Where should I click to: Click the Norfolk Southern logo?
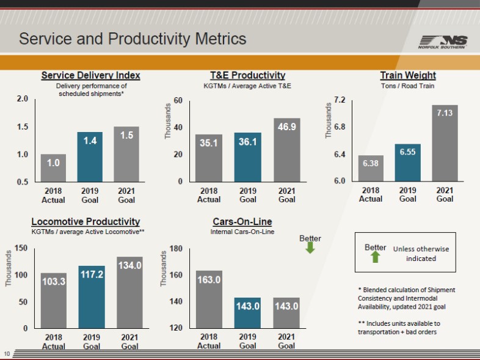coord(443,42)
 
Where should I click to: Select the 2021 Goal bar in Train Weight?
coord(445,143)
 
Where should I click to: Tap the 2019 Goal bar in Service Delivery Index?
coord(90,157)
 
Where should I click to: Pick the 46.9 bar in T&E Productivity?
coord(286,150)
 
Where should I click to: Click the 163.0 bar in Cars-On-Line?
coord(209,299)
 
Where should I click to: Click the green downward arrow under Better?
coord(310,248)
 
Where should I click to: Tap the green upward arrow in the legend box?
coord(376,257)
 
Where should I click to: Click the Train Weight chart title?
coord(407,75)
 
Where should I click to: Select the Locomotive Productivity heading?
coord(85,221)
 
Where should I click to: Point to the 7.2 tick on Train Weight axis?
coord(340,100)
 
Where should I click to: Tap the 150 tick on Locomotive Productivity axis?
coord(21,248)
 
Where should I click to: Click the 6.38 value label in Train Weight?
coord(371,163)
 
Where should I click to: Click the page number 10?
coord(7,353)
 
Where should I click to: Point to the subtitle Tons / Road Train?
coord(407,86)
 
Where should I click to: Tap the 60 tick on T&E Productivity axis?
coord(178,100)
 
